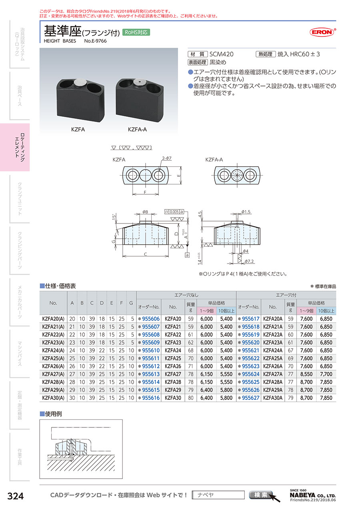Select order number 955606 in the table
[150, 319]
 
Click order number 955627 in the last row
[250, 398]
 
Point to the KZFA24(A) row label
[53, 350]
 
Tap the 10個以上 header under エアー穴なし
[226, 311]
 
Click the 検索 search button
[261, 495]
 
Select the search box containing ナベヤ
[218, 495]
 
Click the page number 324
[16, 496]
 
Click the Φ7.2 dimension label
[250, 261]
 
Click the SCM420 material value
[222, 54]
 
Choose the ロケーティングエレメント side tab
[19, 147]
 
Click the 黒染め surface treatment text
[218, 62]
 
